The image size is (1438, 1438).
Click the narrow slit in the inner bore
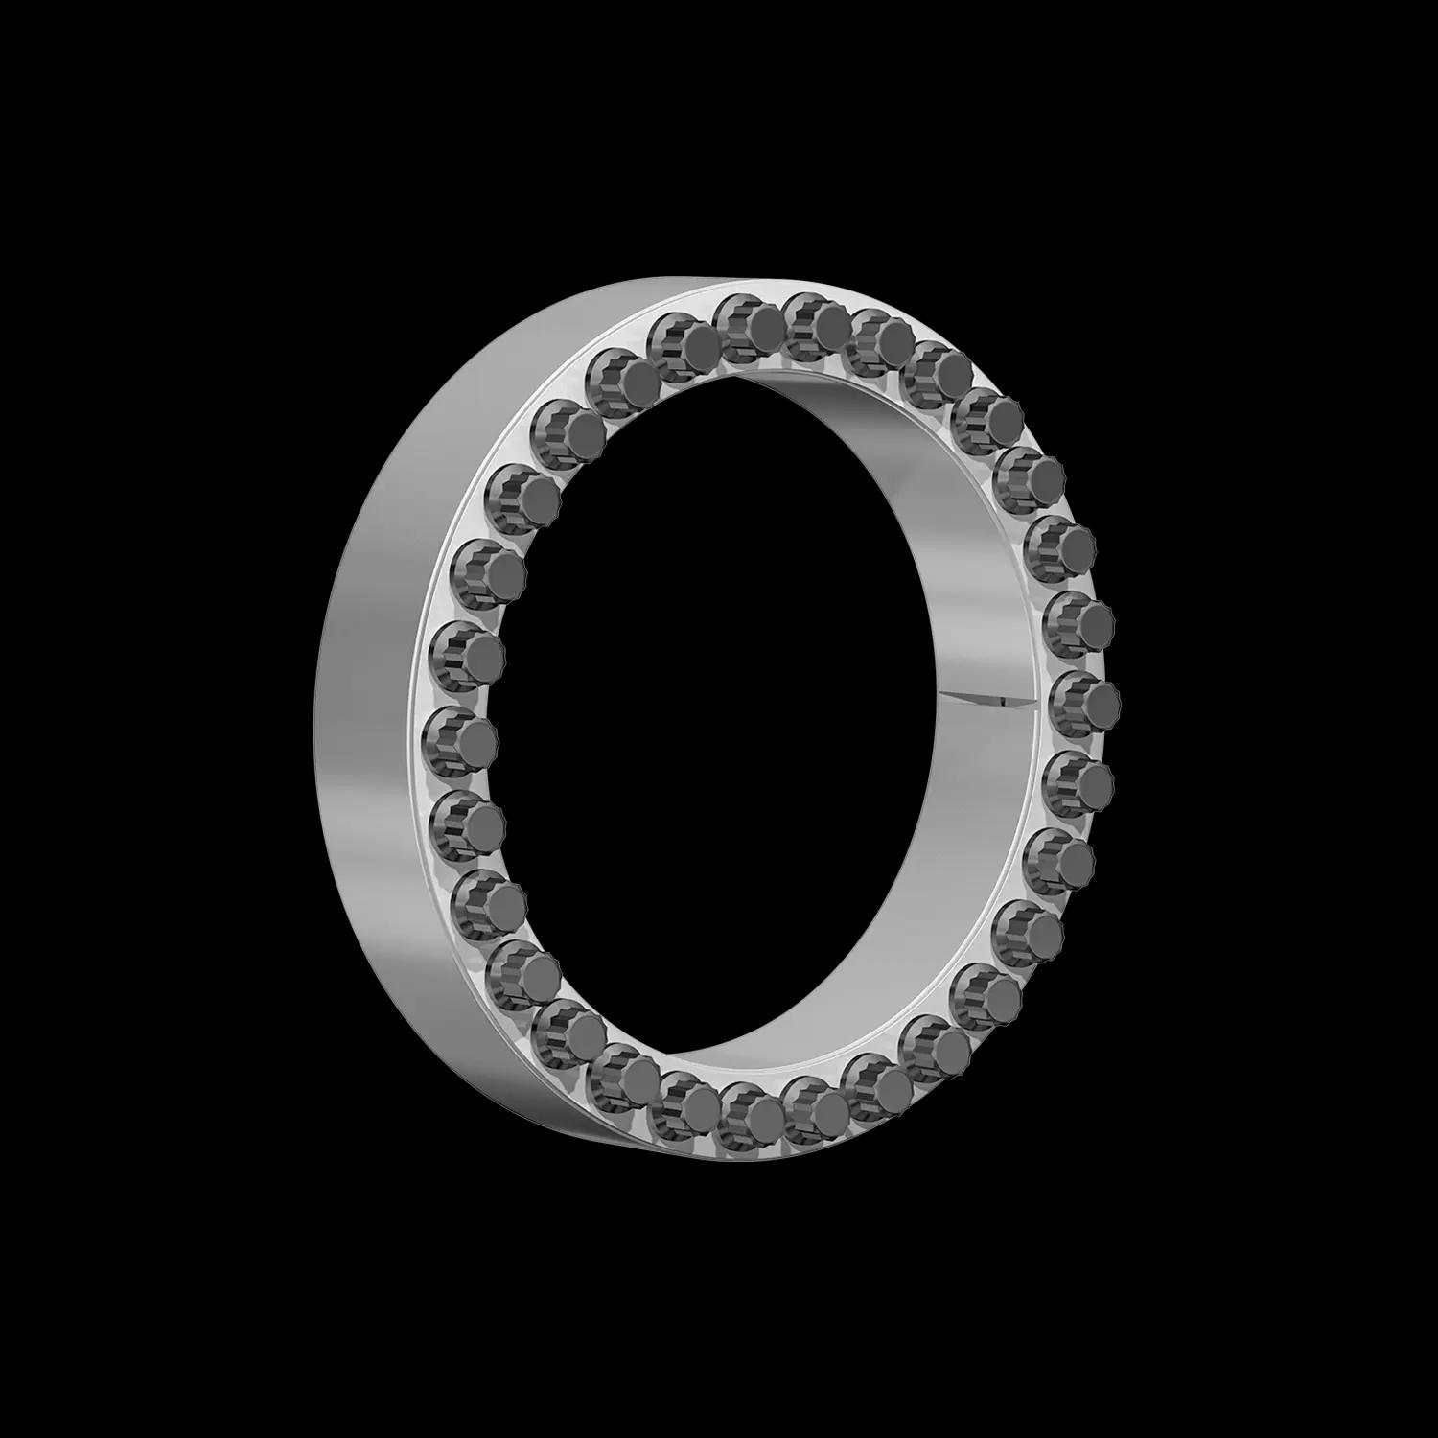click(978, 698)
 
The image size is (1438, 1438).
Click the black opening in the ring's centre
click(729, 709)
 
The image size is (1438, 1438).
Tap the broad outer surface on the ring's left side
click(374, 709)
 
